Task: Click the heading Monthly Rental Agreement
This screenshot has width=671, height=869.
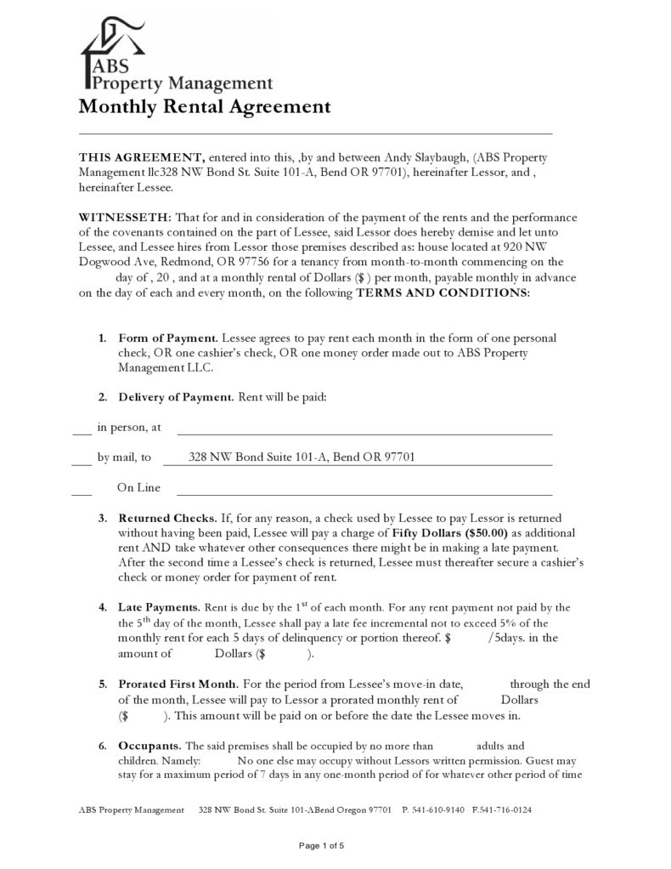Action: point(204,107)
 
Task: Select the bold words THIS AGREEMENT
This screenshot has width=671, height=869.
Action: point(141,157)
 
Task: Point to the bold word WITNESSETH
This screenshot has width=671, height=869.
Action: point(125,217)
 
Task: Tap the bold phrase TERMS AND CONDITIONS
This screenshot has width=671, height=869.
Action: point(442,293)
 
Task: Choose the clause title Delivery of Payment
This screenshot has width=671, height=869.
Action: point(175,397)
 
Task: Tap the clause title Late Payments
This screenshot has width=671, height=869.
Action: point(159,608)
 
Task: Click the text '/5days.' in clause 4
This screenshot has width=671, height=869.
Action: point(506,638)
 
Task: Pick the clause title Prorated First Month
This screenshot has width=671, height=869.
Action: point(178,684)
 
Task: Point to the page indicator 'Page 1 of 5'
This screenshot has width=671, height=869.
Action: point(321,845)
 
